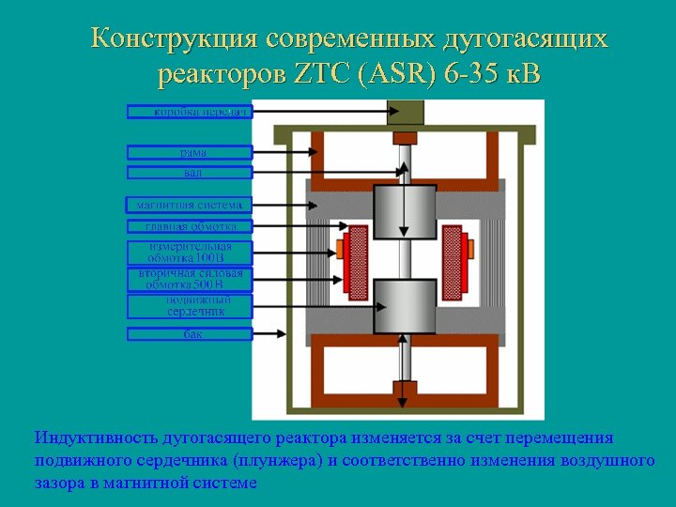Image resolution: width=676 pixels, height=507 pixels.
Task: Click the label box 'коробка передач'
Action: [190, 112]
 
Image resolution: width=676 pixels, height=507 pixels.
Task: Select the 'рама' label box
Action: [190, 151]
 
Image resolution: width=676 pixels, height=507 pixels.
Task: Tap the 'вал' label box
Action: [190, 173]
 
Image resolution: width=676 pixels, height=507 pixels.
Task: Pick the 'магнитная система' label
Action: [190, 204]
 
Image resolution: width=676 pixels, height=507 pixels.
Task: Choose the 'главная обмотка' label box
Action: [190, 226]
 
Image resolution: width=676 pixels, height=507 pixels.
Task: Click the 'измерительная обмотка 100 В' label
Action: [190, 253]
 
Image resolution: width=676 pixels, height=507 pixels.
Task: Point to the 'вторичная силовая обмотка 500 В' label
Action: [190, 279]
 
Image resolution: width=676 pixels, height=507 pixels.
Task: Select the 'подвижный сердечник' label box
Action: [190, 306]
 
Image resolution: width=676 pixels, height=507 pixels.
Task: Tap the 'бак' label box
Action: [190, 333]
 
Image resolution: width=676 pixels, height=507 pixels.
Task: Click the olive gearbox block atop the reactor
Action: [405, 111]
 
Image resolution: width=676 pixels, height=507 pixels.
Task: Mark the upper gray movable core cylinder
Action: [405, 211]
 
